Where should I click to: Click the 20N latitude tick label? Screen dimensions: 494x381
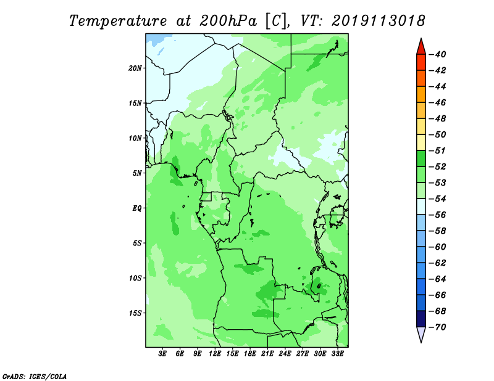click(x=135, y=68)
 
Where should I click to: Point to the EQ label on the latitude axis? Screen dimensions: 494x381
click(x=137, y=208)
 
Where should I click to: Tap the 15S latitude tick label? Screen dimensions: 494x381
click(x=135, y=313)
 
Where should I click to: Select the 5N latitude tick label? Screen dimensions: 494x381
click(x=137, y=173)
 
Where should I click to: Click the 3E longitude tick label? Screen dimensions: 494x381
click(x=162, y=353)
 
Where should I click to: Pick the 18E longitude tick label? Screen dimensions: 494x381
click(x=250, y=353)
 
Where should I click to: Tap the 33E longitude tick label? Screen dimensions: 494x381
click(x=337, y=353)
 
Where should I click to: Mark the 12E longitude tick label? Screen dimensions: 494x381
click(x=215, y=353)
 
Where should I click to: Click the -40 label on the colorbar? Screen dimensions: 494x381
click(x=437, y=54)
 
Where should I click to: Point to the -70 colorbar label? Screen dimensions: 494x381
click(x=437, y=327)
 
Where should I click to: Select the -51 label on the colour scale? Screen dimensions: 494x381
click(x=437, y=150)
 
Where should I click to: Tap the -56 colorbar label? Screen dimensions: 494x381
click(x=437, y=215)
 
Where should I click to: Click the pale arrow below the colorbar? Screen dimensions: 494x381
click(x=421, y=334)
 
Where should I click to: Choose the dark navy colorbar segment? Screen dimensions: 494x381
click(x=421, y=319)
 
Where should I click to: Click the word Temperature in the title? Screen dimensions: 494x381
click(x=118, y=21)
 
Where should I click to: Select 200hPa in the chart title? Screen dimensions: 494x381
click(x=228, y=21)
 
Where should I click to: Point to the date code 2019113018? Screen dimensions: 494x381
click(x=379, y=21)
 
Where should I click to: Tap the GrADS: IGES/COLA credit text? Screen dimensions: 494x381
click(x=35, y=376)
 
